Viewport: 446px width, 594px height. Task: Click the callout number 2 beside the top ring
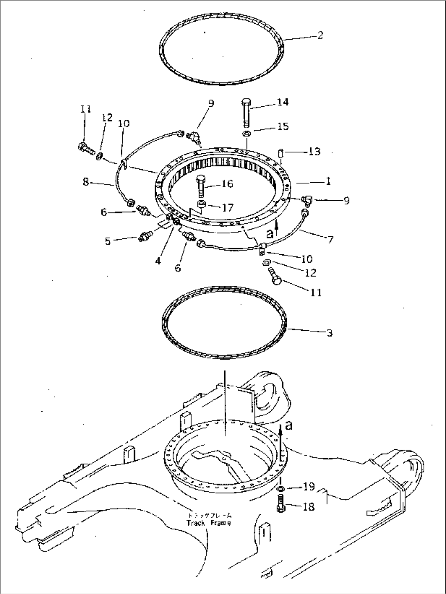[320, 36]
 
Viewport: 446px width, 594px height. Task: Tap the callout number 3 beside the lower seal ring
[329, 333]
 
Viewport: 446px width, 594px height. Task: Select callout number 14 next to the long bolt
[283, 102]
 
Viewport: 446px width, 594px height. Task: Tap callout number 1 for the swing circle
[328, 181]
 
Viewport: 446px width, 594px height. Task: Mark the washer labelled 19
[281, 489]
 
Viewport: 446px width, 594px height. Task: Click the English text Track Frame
[208, 523]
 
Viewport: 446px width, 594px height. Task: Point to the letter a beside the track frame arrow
[289, 426]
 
